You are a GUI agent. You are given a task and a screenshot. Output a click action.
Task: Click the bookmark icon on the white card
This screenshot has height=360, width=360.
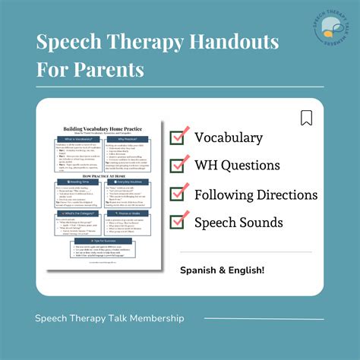click(306, 118)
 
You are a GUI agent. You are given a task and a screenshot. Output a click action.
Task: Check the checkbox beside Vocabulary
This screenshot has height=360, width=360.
click(178, 137)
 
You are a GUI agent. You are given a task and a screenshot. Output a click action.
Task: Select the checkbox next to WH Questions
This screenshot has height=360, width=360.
click(178, 165)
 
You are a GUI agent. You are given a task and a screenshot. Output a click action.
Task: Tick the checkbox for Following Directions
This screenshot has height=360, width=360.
click(178, 194)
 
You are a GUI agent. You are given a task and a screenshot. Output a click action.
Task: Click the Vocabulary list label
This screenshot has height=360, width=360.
click(229, 137)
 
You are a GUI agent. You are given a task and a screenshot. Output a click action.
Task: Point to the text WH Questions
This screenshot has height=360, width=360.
click(237, 165)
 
